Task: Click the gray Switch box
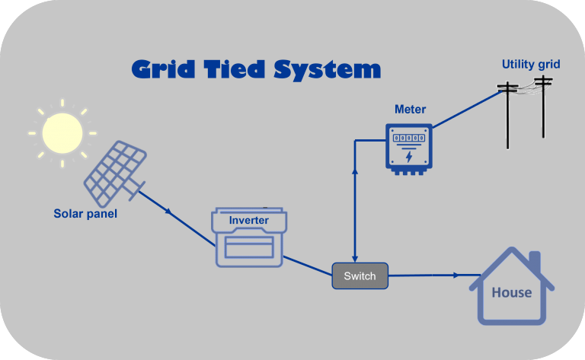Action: pyautogui.click(x=360, y=276)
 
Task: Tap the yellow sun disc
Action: pyautogui.click(x=62, y=133)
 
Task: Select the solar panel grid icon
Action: pyautogui.click(x=115, y=174)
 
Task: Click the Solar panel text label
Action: pyautogui.click(x=85, y=214)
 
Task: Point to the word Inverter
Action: pyautogui.click(x=249, y=220)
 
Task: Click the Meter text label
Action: pyautogui.click(x=410, y=109)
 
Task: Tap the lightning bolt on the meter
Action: pyautogui.click(x=409, y=157)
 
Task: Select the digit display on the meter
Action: pyautogui.click(x=409, y=138)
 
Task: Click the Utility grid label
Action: pyautogui.click(x=530, y=65)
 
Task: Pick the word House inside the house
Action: pyautogui.click(x=512, y=292)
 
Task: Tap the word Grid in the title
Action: pyautogui.click(x=164, y=69)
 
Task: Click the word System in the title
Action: pyautogui.click(x=328, y=70)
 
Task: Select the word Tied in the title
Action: pyautogui.click(x=235, y=69)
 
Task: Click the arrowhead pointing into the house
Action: pyautogui.click(x=456, y=276)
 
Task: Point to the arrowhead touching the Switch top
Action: pyautogui.click(x=355, y=259)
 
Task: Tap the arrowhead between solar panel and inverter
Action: pyautogui.click(x=169, y=212)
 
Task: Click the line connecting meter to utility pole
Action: pyautogui.click(x=468, y=109)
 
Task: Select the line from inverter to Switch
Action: pyautogui.click(x=308, y=266)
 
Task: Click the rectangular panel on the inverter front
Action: pyautogui.click(x=249, y=247)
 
